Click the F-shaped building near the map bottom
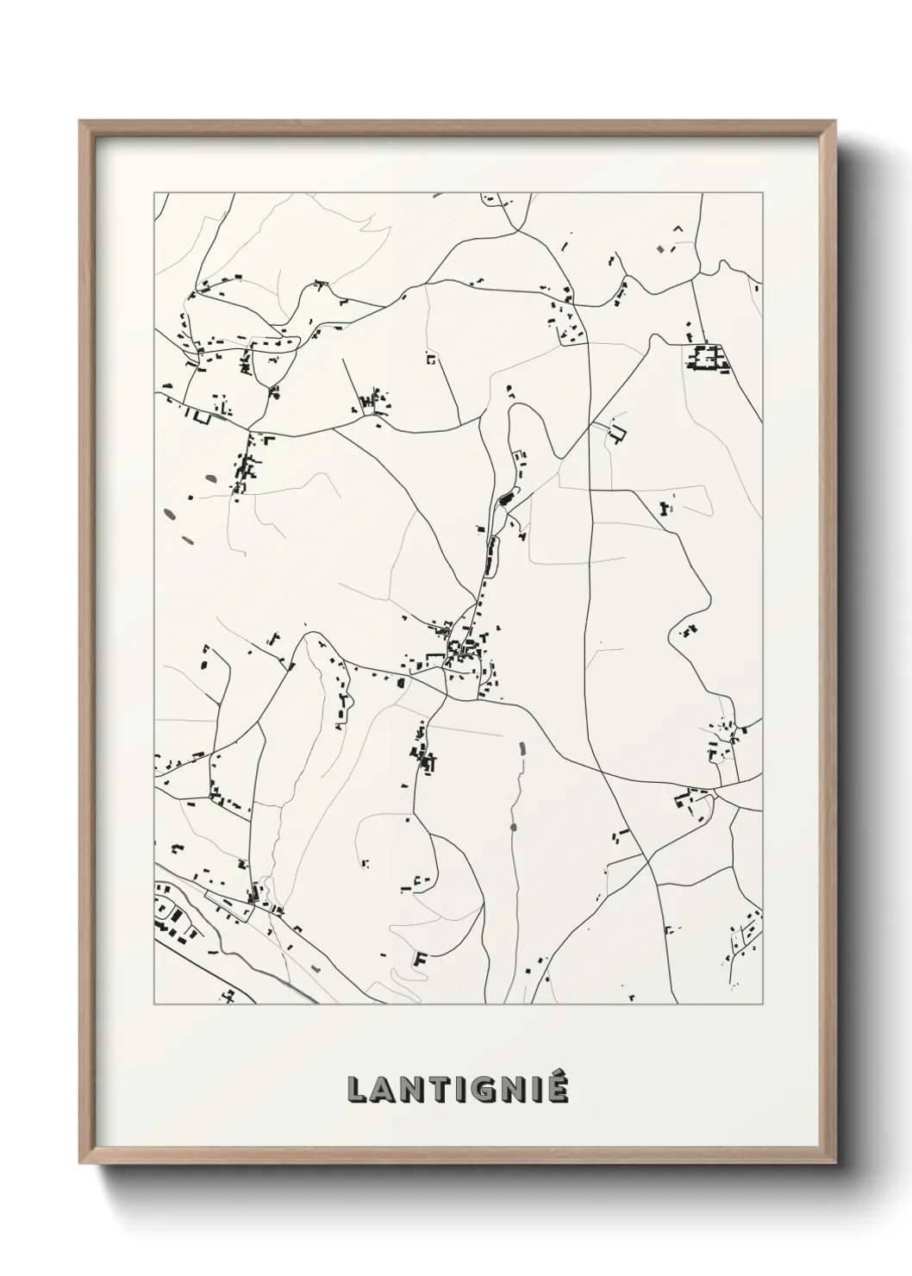(x=421, y=958)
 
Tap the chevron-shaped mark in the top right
(x=678, y=228)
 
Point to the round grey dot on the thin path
(x=514, y=827)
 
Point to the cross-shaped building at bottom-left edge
(x=228, y=996)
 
